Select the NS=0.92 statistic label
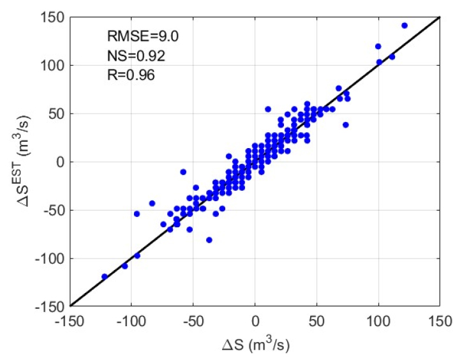[x=135, y=56]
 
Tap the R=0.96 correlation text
[x=131, y=75]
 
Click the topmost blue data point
[x=405, y=26]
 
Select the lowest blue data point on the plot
[x=105, y=276]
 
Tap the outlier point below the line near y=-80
[x=209, y=240]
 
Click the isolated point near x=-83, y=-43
[x=153, y=203]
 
